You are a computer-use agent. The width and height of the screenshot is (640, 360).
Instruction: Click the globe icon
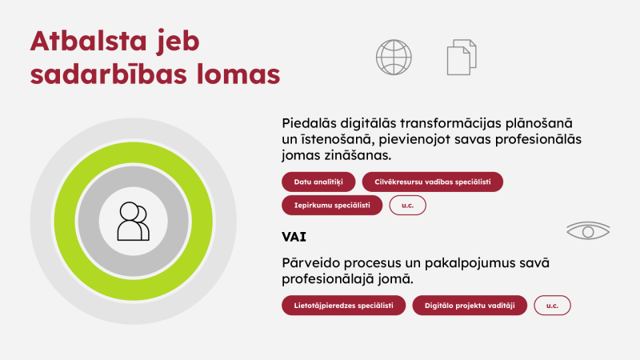pos(394,57)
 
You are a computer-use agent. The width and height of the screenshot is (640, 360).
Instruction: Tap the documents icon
pos(461,57)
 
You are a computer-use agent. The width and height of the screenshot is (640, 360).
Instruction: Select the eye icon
pos(588,231)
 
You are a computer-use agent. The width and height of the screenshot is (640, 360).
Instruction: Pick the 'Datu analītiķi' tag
pos(318,182)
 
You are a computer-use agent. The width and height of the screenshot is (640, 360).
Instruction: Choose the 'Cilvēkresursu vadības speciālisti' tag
pos(433,182)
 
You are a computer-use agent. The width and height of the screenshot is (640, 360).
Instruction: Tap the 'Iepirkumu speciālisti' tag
pos(331,206)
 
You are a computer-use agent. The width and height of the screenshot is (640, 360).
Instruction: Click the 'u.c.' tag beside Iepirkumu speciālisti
pos(408,206)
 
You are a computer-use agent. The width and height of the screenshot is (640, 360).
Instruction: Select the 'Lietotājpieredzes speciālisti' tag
pos(343,306)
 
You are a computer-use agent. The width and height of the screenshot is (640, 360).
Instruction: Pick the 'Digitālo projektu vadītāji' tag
pos(470,306)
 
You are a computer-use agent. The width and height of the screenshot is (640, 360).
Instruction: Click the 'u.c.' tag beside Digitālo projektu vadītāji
pos(552,306)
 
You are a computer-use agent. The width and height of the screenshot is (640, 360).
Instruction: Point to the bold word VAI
pos(294,238)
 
